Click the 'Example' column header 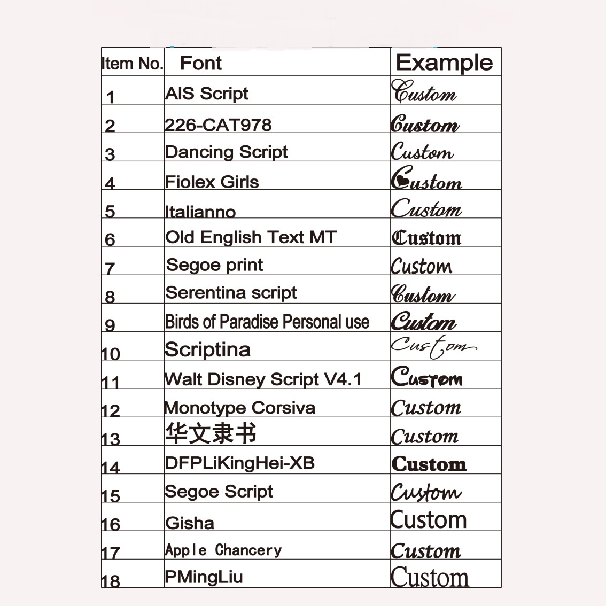[x=444, y=63]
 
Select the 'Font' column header [x=200, y=63]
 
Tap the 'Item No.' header [x=132, y=64]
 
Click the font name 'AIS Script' [x=207, y=94]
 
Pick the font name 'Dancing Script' [x=226, y=152]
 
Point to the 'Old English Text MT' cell [x=251, y=237]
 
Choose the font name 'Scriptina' [x=208, y=349]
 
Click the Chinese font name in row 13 [x=211, y=432]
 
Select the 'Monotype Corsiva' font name [x=239, y=408]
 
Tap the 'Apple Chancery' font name [x=223, y=550]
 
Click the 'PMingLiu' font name [x=204, y=577]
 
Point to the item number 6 [x=110, y=239]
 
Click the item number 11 [x=110, y=382]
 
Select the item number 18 [x=110, y=581]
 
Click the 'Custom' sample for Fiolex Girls [x=426, y=178]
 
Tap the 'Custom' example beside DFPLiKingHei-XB [x=429, y=463]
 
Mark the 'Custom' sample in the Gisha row [x=429, y=519]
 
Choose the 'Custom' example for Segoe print [x=421, y=266]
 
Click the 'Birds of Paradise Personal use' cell [x=267, y=322]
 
